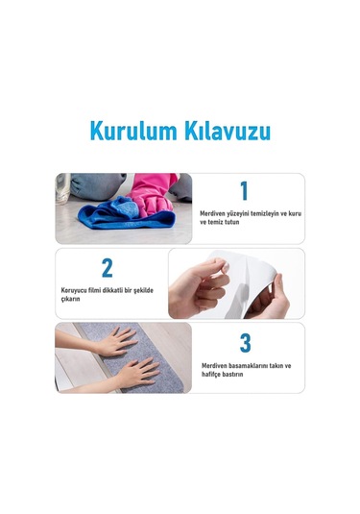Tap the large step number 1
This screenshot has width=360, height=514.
tap(243, 190)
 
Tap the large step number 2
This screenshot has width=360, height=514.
tap(107, 267)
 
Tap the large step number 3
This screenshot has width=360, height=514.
tap(245, 342)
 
